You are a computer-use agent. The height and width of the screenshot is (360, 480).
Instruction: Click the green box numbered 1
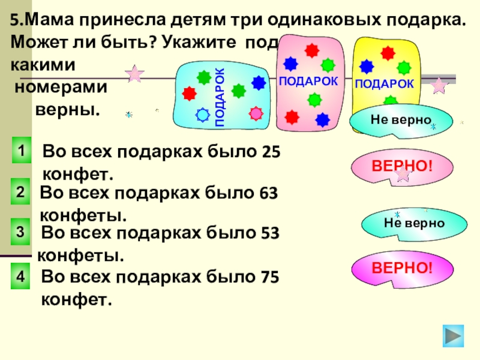point(21,151)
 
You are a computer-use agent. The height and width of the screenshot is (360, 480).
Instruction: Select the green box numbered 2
point(21,193)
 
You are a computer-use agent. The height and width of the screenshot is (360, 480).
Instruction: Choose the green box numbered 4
point(21,277)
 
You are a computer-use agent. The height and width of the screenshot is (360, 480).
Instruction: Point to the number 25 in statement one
point(271,153)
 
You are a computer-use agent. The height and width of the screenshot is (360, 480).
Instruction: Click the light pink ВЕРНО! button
point(401,165)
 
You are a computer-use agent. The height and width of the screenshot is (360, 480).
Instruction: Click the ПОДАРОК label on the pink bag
point(308,81)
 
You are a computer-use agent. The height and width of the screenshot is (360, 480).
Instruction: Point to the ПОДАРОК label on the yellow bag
point(385,84)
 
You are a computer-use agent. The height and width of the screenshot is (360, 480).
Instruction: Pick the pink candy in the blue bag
point(256,113)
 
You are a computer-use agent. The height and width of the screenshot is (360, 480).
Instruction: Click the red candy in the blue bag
point(190,93)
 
